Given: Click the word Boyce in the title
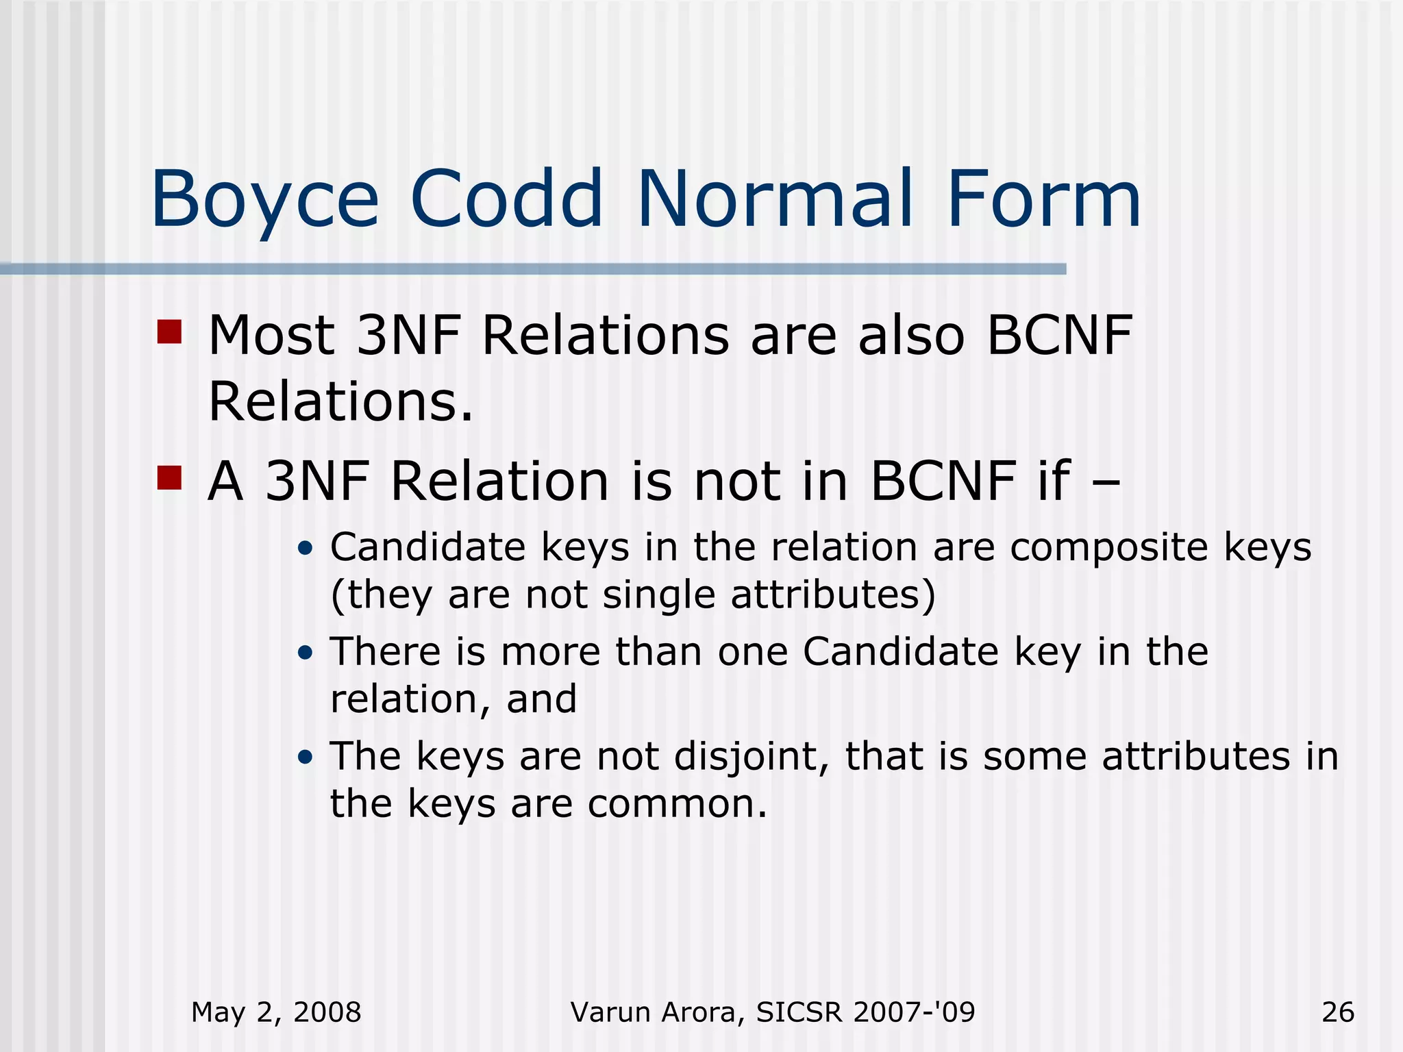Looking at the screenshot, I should click(x=264, y=201).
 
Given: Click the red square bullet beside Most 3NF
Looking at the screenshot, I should click(x=169, y=331).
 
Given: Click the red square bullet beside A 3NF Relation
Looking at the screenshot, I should click(x=169, y=477).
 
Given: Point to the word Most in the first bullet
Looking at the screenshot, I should click(x=271, y=336).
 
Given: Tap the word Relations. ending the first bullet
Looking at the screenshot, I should click(x=340, y=401).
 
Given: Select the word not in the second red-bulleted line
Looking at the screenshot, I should click(x=737, y=481).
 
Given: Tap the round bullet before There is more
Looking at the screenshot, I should click(x=306, y=653).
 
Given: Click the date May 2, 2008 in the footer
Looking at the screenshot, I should click(x=276, y=1012).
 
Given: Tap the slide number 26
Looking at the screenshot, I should click(x=1338, y=1012).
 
